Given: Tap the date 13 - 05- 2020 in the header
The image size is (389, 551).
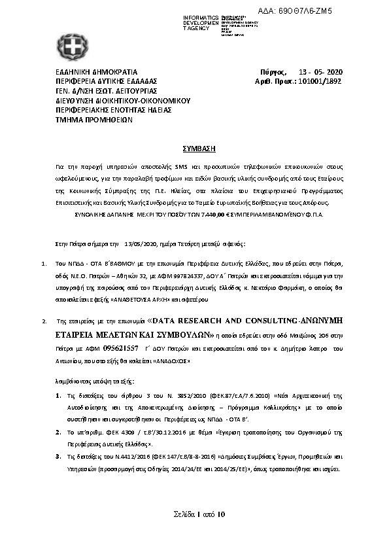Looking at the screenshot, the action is (x=324, y=71).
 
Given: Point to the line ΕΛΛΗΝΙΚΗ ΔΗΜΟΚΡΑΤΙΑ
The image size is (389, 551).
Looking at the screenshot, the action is (x=96, y=71).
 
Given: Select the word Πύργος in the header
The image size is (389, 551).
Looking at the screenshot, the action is (x=270, y=71).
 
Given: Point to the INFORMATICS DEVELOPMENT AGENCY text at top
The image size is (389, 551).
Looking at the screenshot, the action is (x=201, y=22).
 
